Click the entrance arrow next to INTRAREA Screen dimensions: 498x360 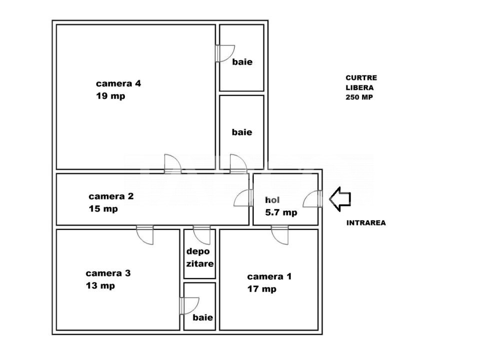click(x=340, y=199)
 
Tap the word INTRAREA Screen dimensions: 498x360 click(x=366, y=223)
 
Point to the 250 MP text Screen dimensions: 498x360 click(x=359, y=97)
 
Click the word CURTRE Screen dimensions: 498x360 click(x=361, y=78)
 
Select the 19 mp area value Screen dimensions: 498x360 click(x=110, y=96)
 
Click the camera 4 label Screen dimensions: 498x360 click(x=118, y=83)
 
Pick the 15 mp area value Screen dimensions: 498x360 click(x=103, y=209)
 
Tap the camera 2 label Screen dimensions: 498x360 click(x=111, y=196)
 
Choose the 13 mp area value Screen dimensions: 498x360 click(x=100, y=286)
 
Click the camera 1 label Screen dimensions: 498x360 click(x=269, y=276)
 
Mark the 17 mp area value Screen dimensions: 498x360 click(x=262, y=289)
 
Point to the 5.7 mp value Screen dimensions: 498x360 click(x=281, y=212)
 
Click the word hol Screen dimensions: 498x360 click(x=272, y=200)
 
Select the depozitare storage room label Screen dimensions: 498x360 click(x=200, y=257)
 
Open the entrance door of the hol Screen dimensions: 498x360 click(x=313, y=199)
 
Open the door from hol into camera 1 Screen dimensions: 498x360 click(x=280, y=235)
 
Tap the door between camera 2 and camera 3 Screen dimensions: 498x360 click(x=145, y=235)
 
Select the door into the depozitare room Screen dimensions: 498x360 click(x=202, y=235)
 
